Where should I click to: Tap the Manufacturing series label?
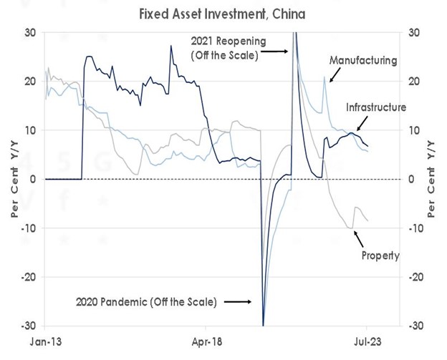pyautogui.click(x=362, y=61)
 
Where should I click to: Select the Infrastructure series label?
pyautogui.click(x=376, y=107)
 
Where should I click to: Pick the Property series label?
pyautogui.click(x=380, y=255)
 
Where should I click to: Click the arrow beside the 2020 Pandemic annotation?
pyautogui.click(x=239, y=302)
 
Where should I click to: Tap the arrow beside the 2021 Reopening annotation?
pyautogui.click(x=275, y=50)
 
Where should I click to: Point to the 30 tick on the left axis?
pyautogui.click(x=33, y=33)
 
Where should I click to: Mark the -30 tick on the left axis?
pyautogui.click(x=31, y=325)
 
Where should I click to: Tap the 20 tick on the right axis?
pyautogui.click(x=413, y=82)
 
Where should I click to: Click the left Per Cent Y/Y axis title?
pyautogui.click(x=13, y=179)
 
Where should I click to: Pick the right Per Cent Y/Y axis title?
pyautogui.click(x=432, y=179)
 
